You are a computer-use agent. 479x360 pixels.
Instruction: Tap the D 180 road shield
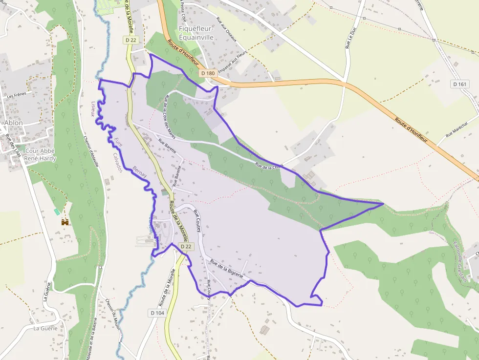click(208, 73)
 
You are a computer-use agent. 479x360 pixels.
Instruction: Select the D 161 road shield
click(460, 84)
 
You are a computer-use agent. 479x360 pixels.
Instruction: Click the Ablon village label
click(13, 123)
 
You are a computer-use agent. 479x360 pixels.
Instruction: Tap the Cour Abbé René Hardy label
click(40, 155)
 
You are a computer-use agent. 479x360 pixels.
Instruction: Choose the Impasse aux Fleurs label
click(232, 62)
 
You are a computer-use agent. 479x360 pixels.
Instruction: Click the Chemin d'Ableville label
click(91, 151)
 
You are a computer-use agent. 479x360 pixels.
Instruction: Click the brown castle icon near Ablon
click(65, 222)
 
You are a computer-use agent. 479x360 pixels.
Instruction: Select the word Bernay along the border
click(140, 173)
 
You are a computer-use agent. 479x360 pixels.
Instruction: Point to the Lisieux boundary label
click(93, 109)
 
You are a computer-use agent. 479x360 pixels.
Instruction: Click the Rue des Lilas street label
click(13, 146)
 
